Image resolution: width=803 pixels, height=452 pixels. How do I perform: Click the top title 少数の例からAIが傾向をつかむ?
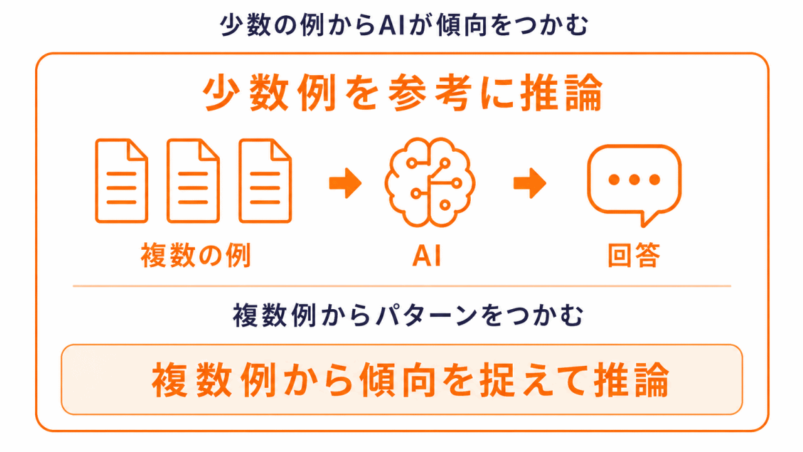coord(404,25)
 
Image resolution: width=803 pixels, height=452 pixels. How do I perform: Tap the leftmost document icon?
coord(121,181)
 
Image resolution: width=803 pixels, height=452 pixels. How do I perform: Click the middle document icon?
coord(193,181)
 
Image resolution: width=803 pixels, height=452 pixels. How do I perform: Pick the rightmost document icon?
coord(265,181)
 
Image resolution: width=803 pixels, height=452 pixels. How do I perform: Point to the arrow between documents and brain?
coord(346,183)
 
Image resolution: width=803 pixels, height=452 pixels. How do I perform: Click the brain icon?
coord(429,182)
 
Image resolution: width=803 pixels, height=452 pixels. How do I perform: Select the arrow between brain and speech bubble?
coord(529,183)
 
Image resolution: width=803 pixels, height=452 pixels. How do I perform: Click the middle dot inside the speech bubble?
coord(634,179)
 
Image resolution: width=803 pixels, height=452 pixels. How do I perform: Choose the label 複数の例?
coord(196,255)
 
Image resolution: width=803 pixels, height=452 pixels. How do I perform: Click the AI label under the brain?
coord(427,255)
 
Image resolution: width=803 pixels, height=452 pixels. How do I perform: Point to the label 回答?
coord(634,255)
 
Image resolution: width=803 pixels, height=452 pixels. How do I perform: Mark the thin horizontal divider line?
coord(402,286)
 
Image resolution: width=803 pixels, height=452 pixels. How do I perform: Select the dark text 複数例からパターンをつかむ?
coord(408,315)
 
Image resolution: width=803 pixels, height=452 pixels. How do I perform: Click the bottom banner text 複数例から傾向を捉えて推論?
coord(410,380)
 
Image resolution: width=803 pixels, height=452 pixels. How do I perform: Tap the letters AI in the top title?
coord(392,26)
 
